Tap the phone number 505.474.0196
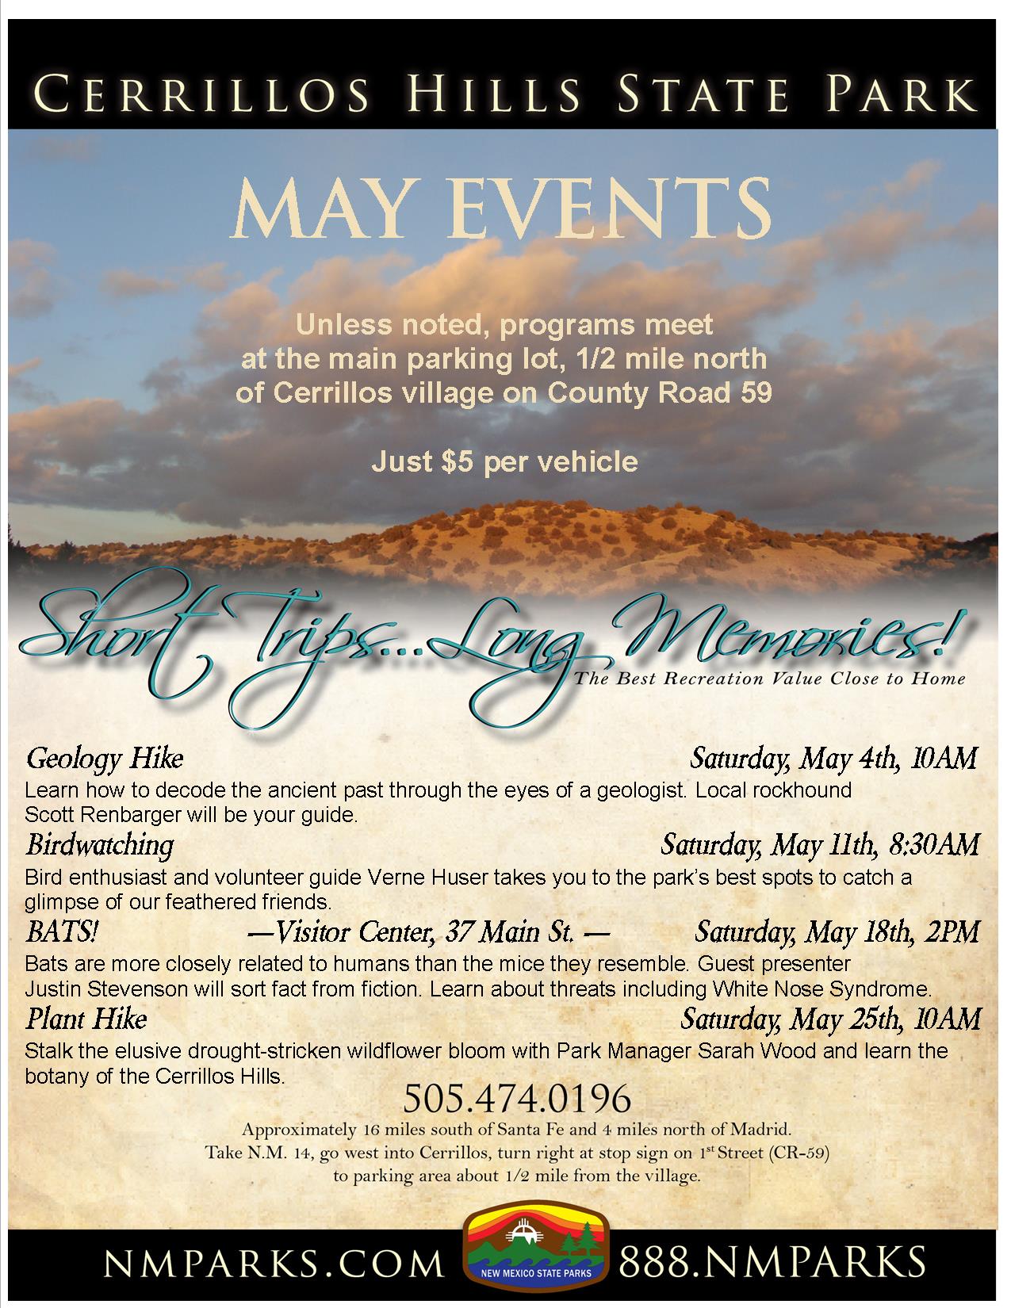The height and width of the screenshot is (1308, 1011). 517,1099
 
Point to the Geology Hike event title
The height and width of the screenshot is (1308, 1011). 105,759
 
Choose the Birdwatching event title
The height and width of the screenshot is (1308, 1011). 99,844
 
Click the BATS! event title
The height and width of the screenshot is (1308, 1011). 62,931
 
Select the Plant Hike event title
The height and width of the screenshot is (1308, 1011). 86,1017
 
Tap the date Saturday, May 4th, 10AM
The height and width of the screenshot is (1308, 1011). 833,759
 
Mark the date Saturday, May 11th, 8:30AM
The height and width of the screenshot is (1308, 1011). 820,845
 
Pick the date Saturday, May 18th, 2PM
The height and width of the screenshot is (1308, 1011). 837,931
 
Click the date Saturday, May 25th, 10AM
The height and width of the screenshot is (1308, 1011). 830,1018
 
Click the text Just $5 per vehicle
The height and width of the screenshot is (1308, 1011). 504,461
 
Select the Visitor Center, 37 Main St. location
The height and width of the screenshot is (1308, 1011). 429,932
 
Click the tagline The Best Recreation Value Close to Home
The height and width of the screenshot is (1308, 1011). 769,679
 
